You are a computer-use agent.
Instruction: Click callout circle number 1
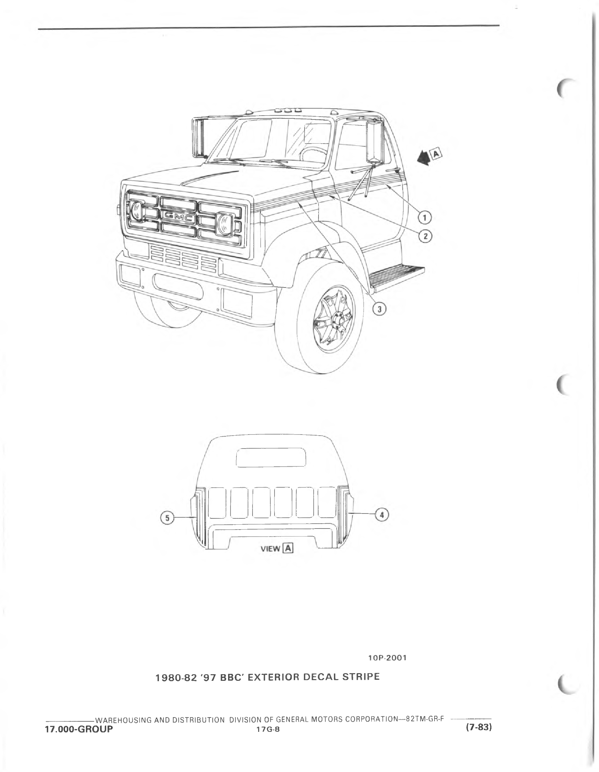424,217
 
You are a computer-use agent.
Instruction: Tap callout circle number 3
380,309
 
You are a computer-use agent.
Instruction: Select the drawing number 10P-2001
387,657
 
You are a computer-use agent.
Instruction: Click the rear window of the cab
270,457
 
